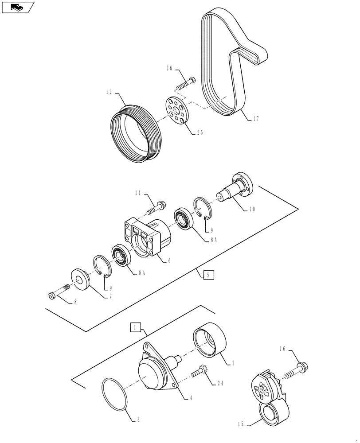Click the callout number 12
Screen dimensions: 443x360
pyautogui.click(x=109, y=92)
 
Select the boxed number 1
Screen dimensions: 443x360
pyautogui.click(x=136, y=328)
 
